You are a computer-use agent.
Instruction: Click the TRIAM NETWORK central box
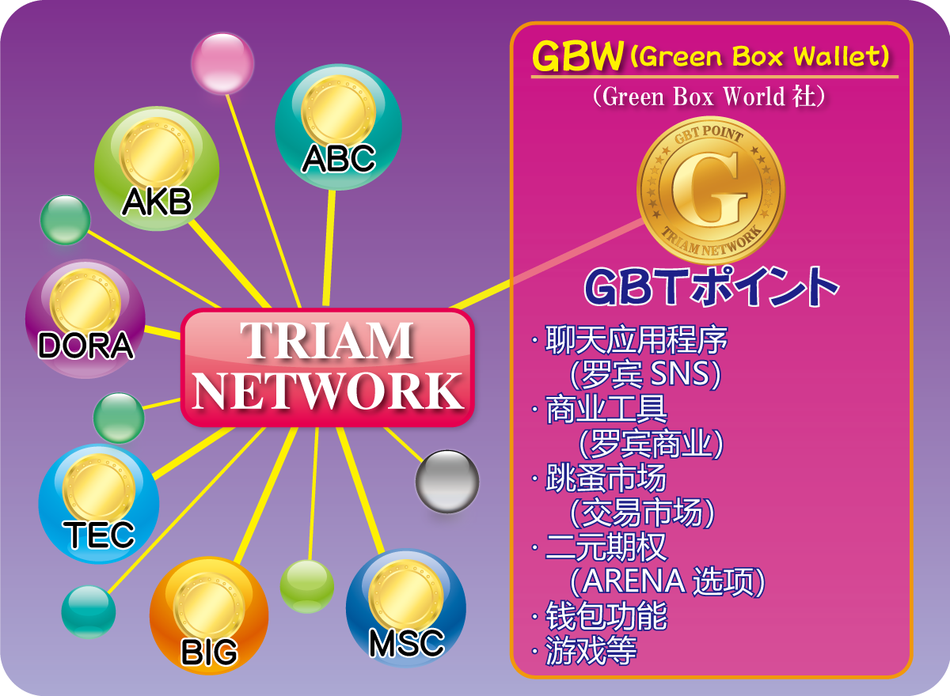coord(327,367)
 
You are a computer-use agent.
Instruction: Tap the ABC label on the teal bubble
coord(339,158)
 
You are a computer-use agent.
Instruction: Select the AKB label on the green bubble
coord(157,202)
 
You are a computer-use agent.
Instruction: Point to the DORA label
coord(85,346)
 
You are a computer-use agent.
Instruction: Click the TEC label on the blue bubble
coord(99,535)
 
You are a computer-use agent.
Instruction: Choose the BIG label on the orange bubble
coord(209,652)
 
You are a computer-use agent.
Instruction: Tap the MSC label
coord(407,643)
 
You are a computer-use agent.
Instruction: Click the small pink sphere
coord(222,63)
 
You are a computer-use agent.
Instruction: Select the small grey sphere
coord(447,482)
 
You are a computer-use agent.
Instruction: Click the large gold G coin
coord(710,191)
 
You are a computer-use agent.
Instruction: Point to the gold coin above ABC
coord(339,112)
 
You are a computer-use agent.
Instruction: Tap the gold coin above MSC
coord(406,596)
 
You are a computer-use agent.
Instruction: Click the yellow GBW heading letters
coord(578,56)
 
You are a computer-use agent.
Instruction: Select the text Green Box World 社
coord(709,96)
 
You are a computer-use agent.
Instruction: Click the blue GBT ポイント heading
coord(711,287)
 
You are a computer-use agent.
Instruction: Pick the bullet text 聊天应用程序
coord(636,340)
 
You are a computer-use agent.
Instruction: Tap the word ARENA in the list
coord(633,581)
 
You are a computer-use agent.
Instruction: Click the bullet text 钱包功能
coord(606,616)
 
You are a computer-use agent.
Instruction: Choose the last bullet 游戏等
coord(591,651)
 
